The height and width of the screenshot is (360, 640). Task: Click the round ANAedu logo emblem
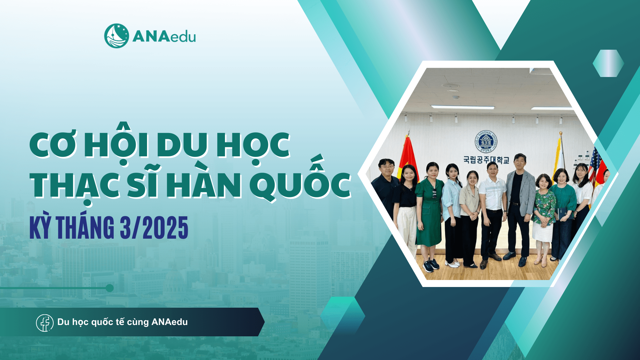[x=116, y=36]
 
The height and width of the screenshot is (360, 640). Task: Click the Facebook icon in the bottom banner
[x=45, y=323]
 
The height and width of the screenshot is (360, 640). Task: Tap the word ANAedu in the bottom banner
[x=170, y=322]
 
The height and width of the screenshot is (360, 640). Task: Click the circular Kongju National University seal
[x=486, y=141]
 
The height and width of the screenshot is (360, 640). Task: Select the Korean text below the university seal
[x=486, y=160]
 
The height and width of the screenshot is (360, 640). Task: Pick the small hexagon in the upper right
[x=608, y=63]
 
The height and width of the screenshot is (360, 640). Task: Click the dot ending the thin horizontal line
[x=110, y=288]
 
